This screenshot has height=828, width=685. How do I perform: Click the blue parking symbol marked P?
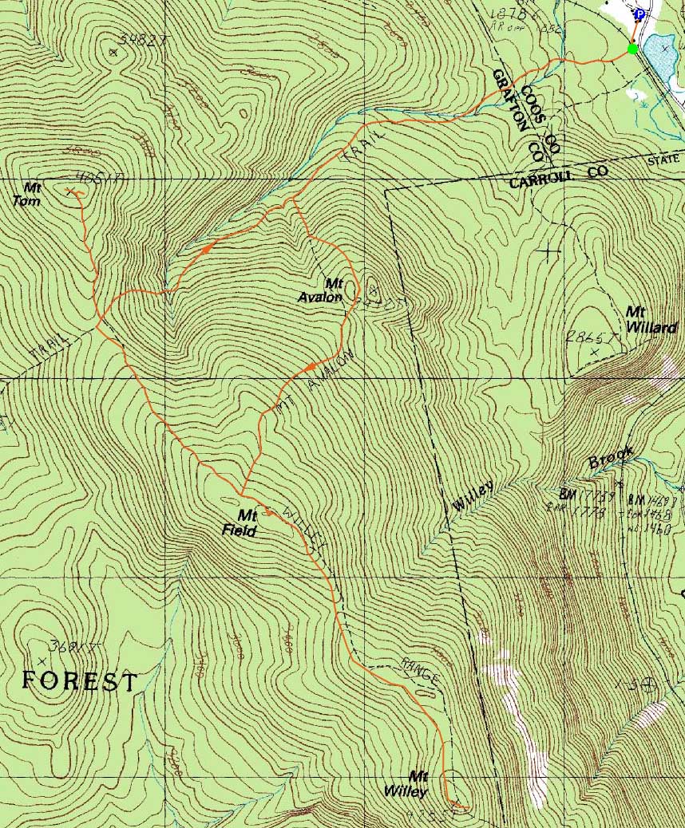tap(639, 14)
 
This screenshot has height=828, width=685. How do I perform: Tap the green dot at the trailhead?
tap(632, 49)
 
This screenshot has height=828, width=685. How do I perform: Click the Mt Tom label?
tap(32, 194)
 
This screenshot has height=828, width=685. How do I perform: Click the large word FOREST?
tap(79, 681)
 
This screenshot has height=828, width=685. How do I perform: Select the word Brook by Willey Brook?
tap(611, 457)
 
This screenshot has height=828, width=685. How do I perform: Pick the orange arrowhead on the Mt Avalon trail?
tap(307, 366)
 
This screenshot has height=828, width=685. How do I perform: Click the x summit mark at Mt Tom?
tap(69, 191)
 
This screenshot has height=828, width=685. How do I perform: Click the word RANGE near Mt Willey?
tap(422, 674)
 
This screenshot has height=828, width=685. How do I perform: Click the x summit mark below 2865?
tap(593, 352)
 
